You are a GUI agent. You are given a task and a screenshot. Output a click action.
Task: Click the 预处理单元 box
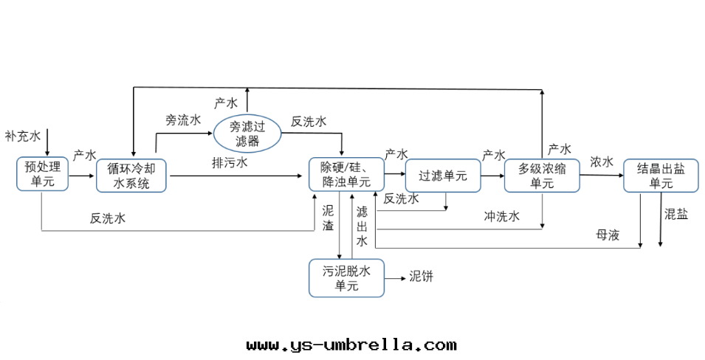pos(42,175)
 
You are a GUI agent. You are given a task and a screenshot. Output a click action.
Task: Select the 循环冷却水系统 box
pos(131,176)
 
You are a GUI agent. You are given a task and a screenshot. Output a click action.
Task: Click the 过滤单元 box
pos(443,176)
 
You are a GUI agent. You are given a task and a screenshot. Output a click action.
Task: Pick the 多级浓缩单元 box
pos(542,176)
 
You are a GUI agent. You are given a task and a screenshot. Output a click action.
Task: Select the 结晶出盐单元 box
pos(661,176)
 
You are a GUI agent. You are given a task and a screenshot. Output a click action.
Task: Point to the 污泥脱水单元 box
pos(346,278)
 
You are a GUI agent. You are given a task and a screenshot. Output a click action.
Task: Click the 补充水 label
pos(23,136)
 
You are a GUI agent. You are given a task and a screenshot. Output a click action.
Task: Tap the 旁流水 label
pos(183,119)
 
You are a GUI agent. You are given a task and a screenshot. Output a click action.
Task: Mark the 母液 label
pos(608,235)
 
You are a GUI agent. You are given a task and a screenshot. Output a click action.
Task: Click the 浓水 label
pos(602,162)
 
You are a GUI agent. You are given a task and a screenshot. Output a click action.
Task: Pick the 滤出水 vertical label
pos(362,226)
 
